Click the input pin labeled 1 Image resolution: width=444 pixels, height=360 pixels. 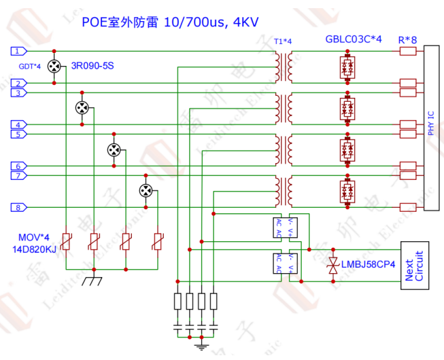tap(19, 51)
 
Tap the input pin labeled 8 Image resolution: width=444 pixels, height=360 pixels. tap(19, 207)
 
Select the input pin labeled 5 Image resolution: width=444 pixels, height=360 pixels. tap(19, 134)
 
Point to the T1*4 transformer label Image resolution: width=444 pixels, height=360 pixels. tap(282, 41)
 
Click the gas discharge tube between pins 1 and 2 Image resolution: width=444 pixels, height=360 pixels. tap(54, 67)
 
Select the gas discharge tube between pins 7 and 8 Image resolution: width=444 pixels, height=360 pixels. tap(146, 191)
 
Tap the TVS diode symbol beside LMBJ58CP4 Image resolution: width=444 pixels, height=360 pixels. tap(333, 266)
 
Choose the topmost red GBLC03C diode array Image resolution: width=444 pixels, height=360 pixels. tap(348, 67)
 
